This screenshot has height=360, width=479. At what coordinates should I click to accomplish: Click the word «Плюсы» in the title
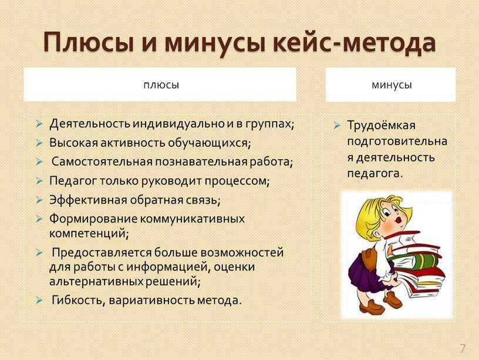pyautogui.click(x=89, y=42)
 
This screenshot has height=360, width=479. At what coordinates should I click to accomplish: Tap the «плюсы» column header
pyautogui.click(x=161, y=85)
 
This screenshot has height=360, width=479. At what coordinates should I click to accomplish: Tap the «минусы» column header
pyautogui.click(x=392, y=85)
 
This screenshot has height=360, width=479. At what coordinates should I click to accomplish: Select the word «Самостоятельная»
pyautogui.click(x=102, y=162)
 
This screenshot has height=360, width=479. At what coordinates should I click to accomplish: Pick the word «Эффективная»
pyautogui.click(x=88, y=200)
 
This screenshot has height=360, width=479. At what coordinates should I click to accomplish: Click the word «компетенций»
pyautogui.click(x=89, y=234)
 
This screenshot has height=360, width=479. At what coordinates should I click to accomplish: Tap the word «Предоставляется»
pyautogui.click(x=102, y=253)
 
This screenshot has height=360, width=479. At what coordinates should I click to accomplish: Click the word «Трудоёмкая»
pyautogui.click(x=382, y=125)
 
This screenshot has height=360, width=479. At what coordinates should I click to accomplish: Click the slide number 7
pyautogui.click(x=463, y=348)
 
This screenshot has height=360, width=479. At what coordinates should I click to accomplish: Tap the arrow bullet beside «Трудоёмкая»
pyautogui.click(x=336, y=125)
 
